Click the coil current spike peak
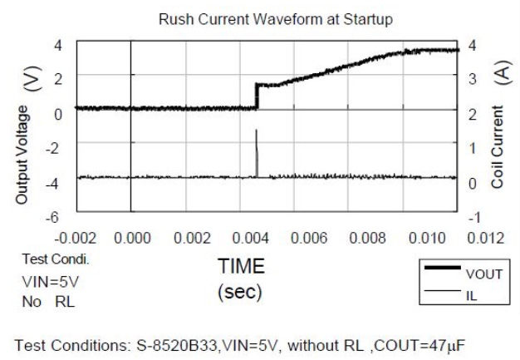(257, 131)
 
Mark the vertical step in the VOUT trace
(257, 96)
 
